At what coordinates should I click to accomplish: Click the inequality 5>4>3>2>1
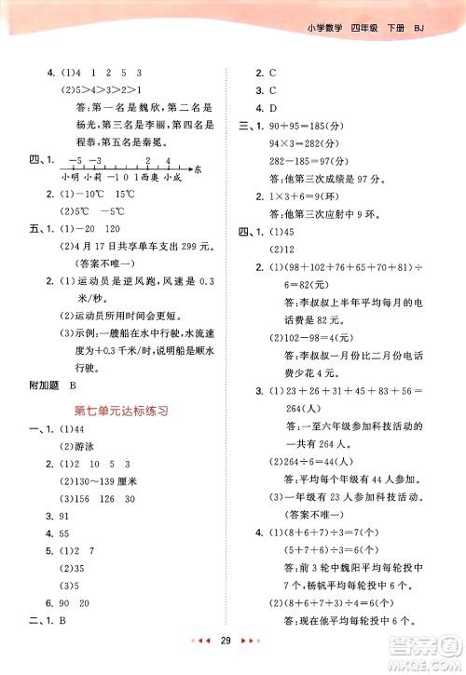pyautogui.click(x=98, y=90)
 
